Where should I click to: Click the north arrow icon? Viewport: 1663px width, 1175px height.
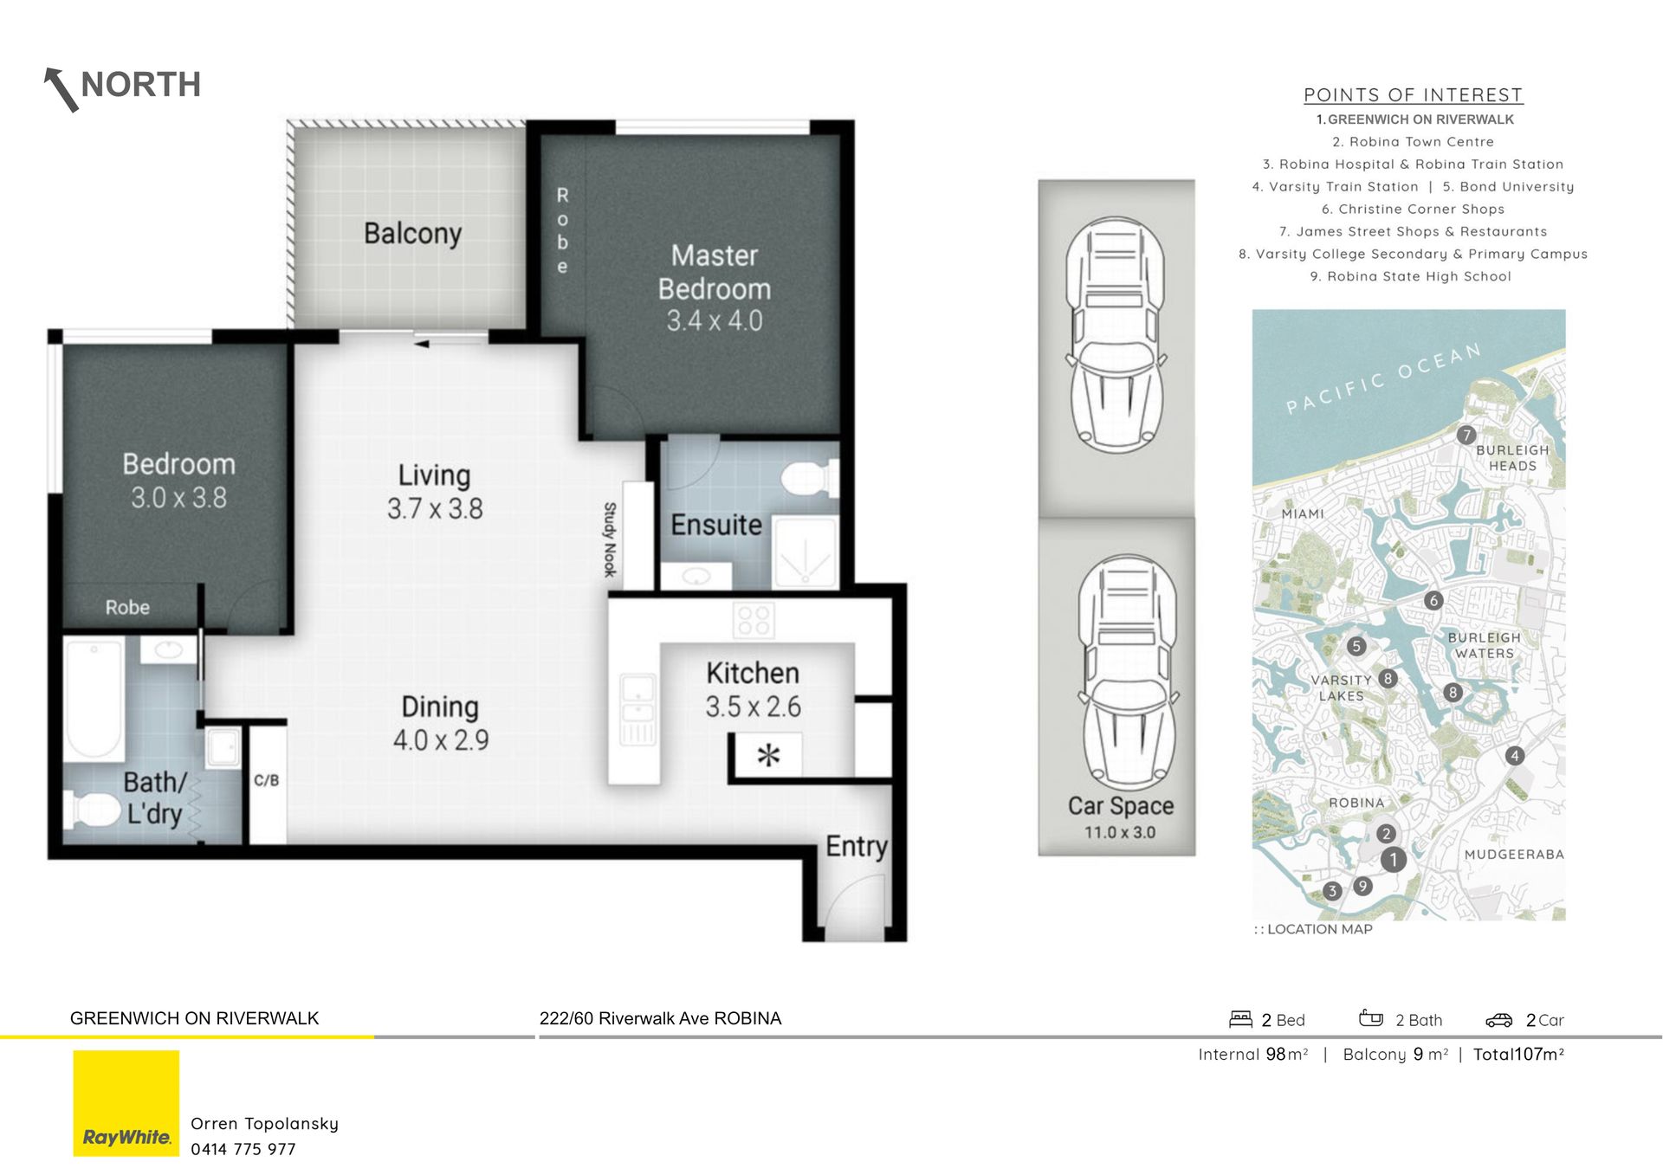click(x=61, y=89)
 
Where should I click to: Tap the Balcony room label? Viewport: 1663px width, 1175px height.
click(x=412, y=234)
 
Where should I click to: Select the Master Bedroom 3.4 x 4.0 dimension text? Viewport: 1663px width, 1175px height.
click(x=715, y=321)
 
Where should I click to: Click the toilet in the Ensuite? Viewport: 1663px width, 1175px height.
click(x=809, y=479)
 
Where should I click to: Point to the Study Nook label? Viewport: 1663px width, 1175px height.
click(x=610, y=539)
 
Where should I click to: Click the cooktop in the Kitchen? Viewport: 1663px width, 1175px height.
click(x=753, y=621)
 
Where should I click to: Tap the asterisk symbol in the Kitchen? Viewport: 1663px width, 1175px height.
click(x=768, y=755)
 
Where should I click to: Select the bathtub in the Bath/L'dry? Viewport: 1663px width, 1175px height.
click(x=94, y=700)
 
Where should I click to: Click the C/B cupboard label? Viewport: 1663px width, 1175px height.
click(x=267, y=781)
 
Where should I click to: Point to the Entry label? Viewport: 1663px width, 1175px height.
click(x=857, y=846)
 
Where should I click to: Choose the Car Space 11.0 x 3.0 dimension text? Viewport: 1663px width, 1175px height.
click(x=1120, y=833)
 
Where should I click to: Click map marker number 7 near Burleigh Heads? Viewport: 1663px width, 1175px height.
click(x=1466, y=435)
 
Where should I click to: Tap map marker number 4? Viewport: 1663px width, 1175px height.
click(x=1514, y=756)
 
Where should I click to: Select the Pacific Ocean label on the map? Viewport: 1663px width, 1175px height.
click(x=1383, y=378)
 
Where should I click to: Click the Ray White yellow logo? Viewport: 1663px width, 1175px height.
click(x=126, y=1103)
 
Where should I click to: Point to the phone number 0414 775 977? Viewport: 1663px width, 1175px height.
click(x=243, y=1150)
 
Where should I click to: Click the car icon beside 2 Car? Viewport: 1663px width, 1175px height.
click(x=1499, y=1020)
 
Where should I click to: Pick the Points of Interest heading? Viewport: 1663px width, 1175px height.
click(x=1414, y=95)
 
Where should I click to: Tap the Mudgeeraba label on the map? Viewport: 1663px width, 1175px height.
click(x=1514, y=855)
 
